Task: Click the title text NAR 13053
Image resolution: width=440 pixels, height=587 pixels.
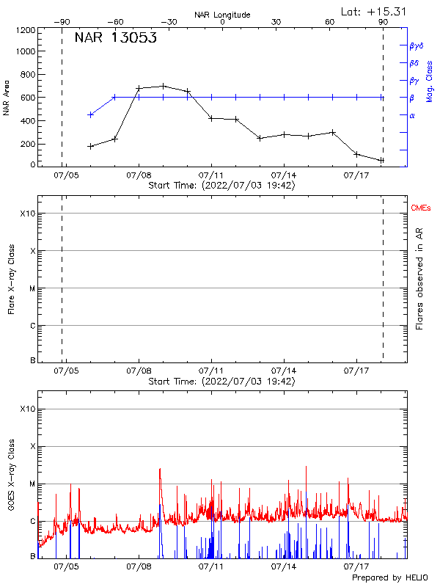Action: tap(116, 38)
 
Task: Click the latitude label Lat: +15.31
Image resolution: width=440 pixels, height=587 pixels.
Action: tap(374, 11)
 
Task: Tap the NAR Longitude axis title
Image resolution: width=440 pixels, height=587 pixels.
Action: tap(222, 15)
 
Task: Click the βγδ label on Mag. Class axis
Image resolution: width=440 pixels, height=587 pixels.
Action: tap(417, 45)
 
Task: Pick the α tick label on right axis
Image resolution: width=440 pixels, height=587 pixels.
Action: tap(412, 115)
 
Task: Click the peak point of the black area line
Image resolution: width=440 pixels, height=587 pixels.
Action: tap(163, 86)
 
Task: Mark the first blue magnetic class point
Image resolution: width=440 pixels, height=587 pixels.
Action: tap(90, 114)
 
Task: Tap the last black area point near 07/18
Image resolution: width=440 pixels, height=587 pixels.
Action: tap(381, 160)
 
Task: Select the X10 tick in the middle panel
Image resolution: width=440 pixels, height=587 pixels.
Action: tap(27, 214)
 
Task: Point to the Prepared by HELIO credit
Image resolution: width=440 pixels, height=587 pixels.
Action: tap(389, 578)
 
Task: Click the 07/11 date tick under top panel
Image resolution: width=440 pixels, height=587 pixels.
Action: tap(211, 176)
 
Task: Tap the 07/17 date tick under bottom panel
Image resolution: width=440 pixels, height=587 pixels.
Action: tap(356, 566)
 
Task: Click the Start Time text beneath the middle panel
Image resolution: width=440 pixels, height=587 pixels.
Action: tap(221, 382)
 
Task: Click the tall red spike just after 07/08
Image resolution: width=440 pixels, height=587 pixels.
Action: tap(160, 470)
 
